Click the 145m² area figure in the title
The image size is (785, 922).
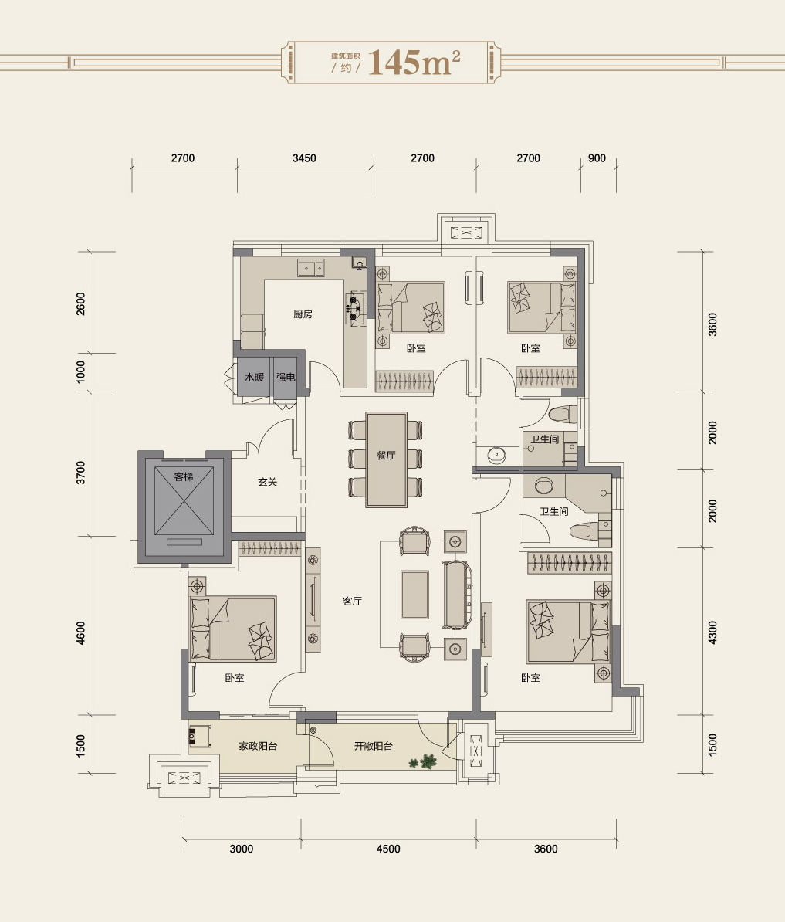click(x=414, y=62)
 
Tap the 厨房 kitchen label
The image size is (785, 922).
click(x=303, y=314)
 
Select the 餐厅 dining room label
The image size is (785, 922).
click(x=386, y=455)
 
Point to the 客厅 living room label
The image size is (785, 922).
click(x=352, y=601)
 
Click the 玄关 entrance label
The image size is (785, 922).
click(x=267, y=482)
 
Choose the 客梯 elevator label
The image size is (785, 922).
click(x=184, y=476)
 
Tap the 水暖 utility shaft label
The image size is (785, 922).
click(x=255, y=377)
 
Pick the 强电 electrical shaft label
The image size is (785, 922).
click(x=286, y=377)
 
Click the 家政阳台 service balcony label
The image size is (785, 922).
click(x=258, y=746)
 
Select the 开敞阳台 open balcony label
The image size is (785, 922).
click(x=373, y=746)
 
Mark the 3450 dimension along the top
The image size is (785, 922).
click(x=304, y=158)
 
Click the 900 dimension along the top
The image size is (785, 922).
click(x=597, y=158)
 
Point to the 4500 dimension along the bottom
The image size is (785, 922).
click(x=388, y=849)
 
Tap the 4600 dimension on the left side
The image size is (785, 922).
click(x=81, y=632)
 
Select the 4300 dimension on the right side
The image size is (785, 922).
click(x=712, y=632)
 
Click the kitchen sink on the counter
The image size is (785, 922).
click(x=311, y=268)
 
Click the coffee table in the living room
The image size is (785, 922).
click(x=414, y=595)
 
